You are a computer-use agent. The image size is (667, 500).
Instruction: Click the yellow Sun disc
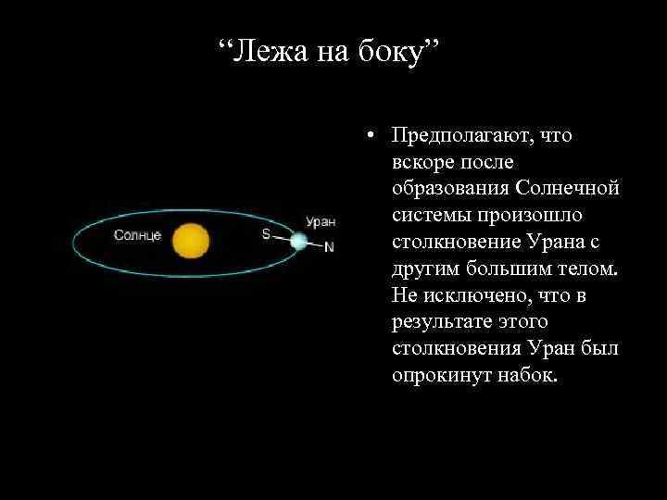tap(191, 240)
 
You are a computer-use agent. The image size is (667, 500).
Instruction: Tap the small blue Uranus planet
tap(298, 241)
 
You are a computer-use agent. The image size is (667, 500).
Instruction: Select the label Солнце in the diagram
tap(137, 235)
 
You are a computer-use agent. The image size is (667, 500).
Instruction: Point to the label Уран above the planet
tap(321, 222)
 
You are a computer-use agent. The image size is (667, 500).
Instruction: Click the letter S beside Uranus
tap(266, 234)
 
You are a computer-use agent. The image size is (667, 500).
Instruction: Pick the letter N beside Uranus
tap(329, 248)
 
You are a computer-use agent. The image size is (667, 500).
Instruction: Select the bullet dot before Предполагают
tap(369, 137)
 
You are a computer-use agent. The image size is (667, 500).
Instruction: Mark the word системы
tap(430, 216)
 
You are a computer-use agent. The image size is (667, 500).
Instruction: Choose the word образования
tap(447, 189)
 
